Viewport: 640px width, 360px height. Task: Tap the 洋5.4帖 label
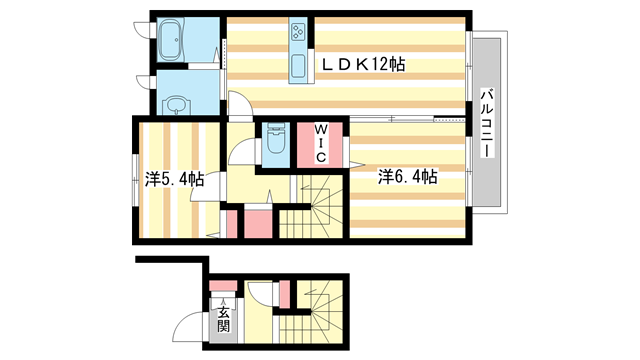coord(175,180)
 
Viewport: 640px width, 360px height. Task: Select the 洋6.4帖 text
coord(407,177)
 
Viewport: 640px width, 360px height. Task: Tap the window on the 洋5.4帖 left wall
coord(135,182)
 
